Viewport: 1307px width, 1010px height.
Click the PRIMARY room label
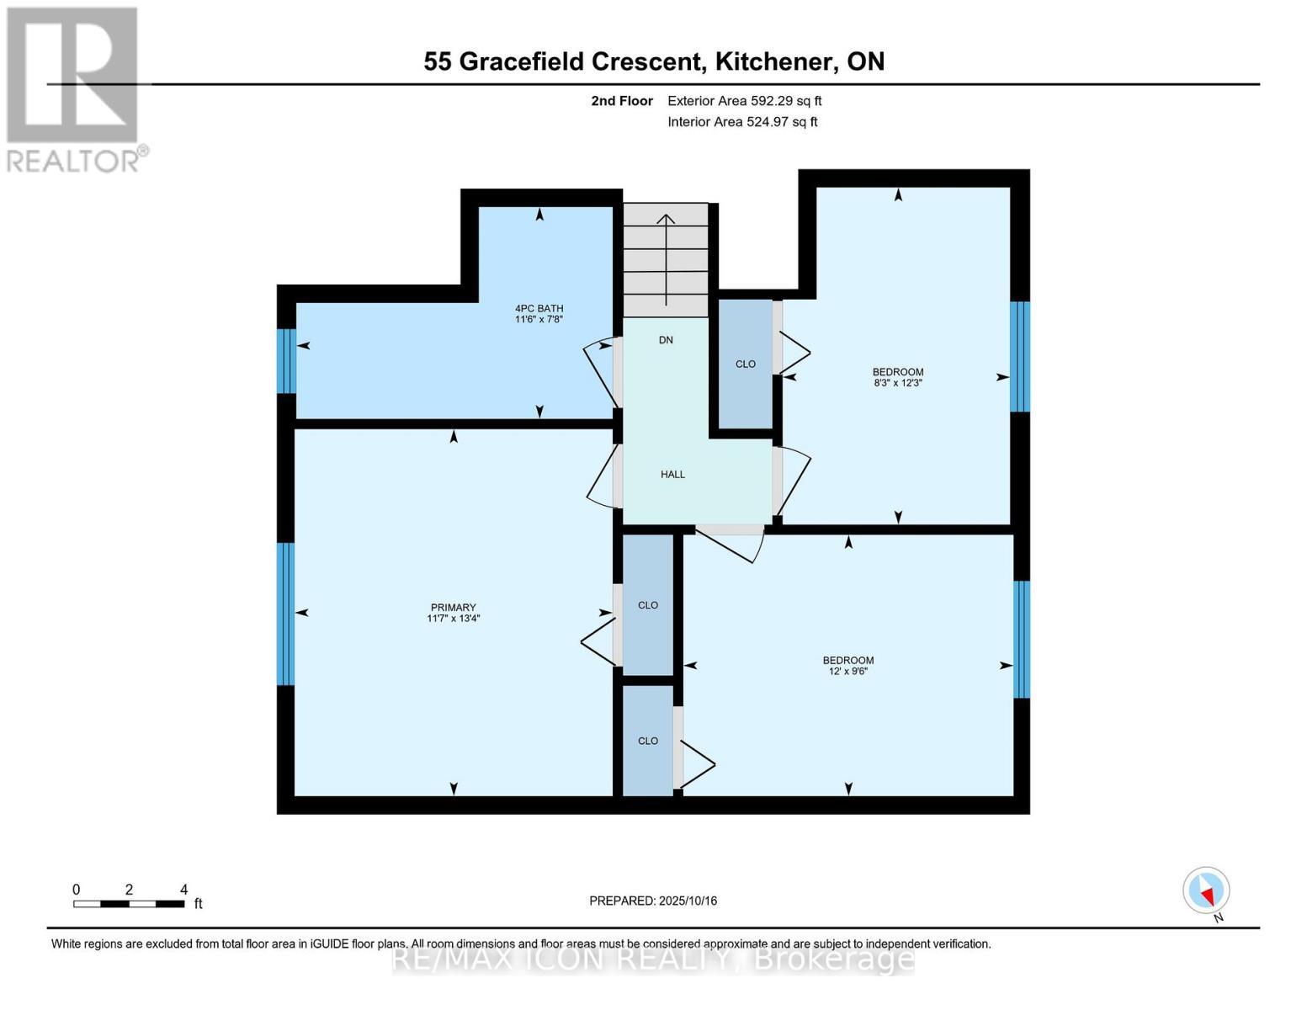pos(453,607)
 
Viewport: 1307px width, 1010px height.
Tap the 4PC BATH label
pos(539,308)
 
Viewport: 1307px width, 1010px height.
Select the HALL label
pos(672,475)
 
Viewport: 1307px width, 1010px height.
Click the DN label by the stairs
pos(666,340)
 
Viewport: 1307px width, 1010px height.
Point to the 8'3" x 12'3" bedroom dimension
pos(898,383)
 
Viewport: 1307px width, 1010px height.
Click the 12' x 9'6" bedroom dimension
pos(848,672)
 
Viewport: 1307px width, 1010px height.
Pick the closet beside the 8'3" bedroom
pos(745,364)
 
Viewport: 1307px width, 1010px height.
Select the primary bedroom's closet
pos(648,604)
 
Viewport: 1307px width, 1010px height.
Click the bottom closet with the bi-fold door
pos(648,741)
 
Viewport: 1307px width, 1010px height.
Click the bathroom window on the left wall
pos(286,361)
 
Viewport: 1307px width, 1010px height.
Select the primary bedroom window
pos(286,614)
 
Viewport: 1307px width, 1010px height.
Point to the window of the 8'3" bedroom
pos(1020,356)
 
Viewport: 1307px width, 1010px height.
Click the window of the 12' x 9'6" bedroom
pos(1022,640)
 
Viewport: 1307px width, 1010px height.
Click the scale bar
pos(129,904)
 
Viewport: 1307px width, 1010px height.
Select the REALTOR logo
pos(74,88)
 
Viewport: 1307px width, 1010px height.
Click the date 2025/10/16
pos(688,901)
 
